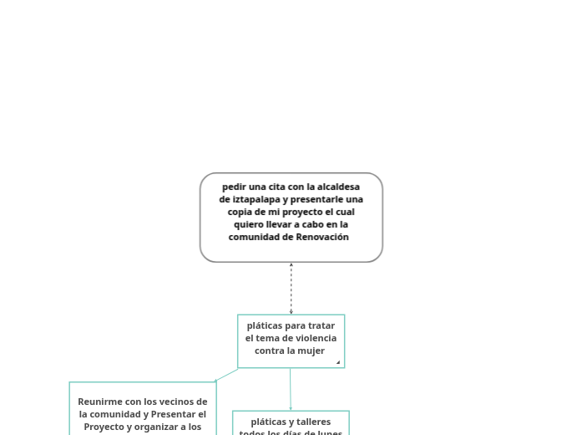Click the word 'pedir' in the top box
[235, 187]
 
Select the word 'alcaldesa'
[339, 187]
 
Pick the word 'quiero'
[249, 224]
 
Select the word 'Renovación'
[322, 237]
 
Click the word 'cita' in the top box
[274, 187]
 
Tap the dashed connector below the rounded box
[291, 289]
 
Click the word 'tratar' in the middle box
[321, 325]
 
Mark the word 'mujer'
[311, 351]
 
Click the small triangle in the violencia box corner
[338, 362]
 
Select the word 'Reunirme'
[101, 402]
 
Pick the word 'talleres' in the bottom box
[313, 422]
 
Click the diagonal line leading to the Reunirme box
[227, 375]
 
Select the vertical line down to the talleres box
[291, 389]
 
